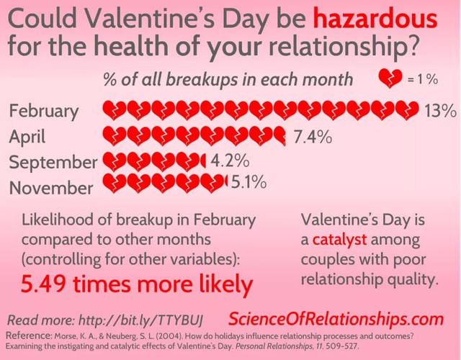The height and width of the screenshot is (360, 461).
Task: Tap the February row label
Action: (44, 112)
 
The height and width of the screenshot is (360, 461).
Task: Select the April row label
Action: (27, 138)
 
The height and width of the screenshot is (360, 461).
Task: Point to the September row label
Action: (53, 163)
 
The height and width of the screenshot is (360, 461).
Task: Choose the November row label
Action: (51, 187)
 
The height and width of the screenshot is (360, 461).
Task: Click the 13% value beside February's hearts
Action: (440, 110)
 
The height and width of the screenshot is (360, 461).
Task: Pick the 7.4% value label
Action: (313, 136)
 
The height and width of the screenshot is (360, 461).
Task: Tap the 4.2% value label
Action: (230, 161)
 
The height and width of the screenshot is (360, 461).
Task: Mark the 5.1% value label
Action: (249, 181)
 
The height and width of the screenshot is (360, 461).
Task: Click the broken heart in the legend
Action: (390, 78)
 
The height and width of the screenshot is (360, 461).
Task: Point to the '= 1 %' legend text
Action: (423, 79)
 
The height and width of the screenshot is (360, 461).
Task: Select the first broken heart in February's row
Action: (114, 110)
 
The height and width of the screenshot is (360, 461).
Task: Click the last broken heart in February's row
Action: (407, 110)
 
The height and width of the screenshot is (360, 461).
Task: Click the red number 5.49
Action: (43, 284)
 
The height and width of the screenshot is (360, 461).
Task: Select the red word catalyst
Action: (339, 240)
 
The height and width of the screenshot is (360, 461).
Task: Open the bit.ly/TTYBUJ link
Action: (141, 320)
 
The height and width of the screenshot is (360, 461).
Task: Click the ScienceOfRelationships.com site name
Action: (336, 319)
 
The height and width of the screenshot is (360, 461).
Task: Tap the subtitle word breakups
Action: (201, 79)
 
